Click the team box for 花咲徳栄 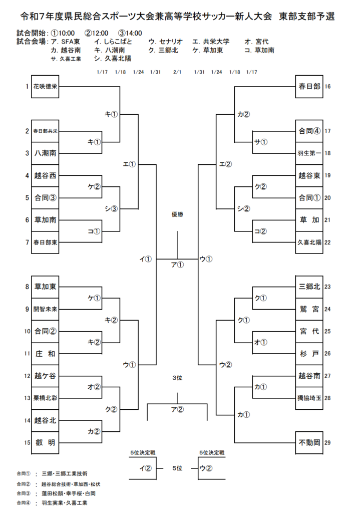(x=45, y=87)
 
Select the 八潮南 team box (x=45, y=153)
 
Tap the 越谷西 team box (x=45, y=175)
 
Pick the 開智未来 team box (x=45, y=309)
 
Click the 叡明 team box (x=45, y=442)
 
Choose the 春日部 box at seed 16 (x=309, y=87)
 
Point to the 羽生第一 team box (x=309, y=153)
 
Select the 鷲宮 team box (x=309, y=309)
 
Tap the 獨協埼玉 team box (x=309, y=398)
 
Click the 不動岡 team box (x=309, y=442)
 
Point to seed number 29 (x=328, y=442)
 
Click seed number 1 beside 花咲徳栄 (x=27, y=87)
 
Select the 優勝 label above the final (x=177, y=214)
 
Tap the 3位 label (x=177, y=377)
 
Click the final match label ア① (x=177, y=265)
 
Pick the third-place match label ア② (x=177, y=409)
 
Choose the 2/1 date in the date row (x=177, y=72)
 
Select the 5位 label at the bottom (x=177, y=468)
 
